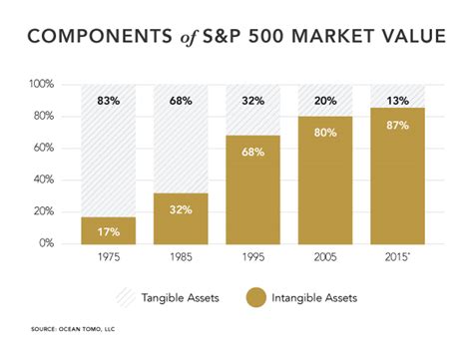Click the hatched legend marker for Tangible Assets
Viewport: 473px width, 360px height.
coord(124,297)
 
